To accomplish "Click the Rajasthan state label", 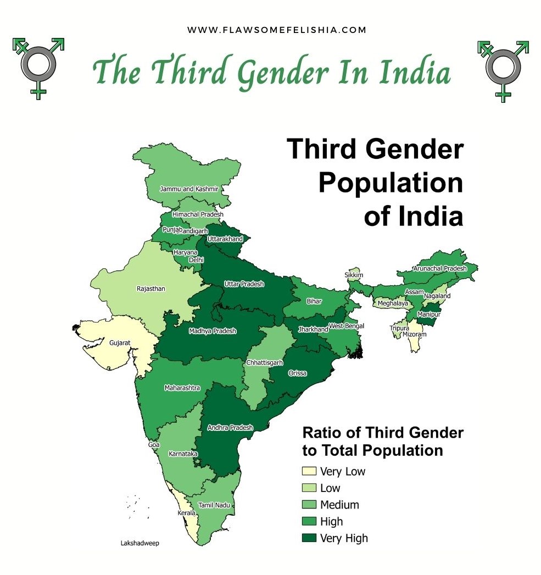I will pyautogui.click(x=151, y=289).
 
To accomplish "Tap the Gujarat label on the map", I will pyautogui.click(x=120, y=342).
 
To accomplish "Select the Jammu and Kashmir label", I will pyautogui.click(x=189, y=189).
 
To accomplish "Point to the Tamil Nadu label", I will pyautogui.click(x=214, y=505).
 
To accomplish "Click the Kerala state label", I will pyautogui.click(x=186, y=513).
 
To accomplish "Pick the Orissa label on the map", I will pyautogui.click(x=297, y=373).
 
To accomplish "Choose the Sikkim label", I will pyautogui.click(x=354, y=275).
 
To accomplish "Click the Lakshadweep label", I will pyautogui.click(x=140, y=543).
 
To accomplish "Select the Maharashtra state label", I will pyautogui.click(x=182, y=388).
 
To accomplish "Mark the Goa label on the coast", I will pyautogui.click(x=154, y=444).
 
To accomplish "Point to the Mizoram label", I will pyautogui.click(x=414, y=334).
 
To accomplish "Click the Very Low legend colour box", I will pyautogui.click(x=309, y=472).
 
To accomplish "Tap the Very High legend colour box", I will pyautogui.click(x=309, y=538).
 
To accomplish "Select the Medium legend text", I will pyautogui.click(x=339, y=505).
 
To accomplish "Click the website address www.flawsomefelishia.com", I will pyautogui.click(x=276, y=30).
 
